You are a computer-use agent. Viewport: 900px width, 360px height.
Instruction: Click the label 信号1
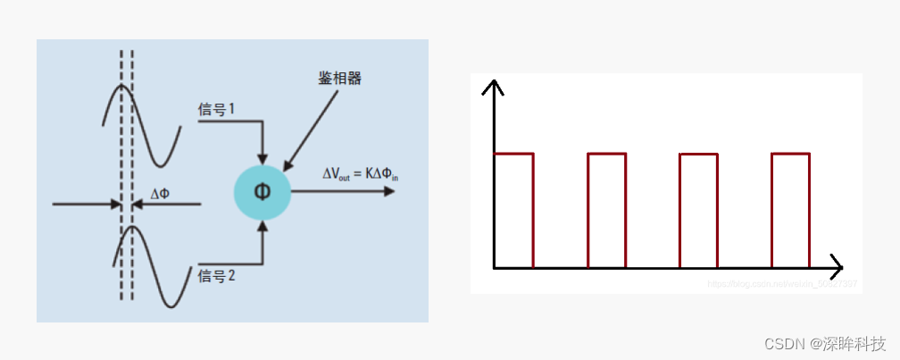[x=217, y=109]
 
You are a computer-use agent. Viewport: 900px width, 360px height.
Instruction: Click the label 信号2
[x=217, y=275]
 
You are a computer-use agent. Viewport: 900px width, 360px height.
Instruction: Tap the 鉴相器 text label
[x=340, y=78]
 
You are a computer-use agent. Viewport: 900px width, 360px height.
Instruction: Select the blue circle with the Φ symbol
[x=262, y=191]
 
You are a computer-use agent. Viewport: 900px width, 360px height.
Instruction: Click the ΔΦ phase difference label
[x=161, y=193]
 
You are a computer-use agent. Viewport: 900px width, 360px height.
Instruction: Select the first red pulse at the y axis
[x=513, y=210]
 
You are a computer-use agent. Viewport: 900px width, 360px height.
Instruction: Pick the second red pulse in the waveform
[x=607, y=210]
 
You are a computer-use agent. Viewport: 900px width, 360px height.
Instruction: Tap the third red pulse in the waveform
[x=698, y=210]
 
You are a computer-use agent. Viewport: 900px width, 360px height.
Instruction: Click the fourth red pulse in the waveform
[x=790, y=210]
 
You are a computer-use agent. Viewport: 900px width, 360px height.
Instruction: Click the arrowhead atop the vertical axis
[x=493, y=86]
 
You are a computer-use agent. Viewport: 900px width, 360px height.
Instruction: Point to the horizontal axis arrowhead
[x=837, y=267]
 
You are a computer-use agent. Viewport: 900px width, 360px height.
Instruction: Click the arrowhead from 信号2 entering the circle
[x=262, y=225]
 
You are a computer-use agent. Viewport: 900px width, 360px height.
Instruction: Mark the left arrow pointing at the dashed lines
[x=89, y=205]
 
